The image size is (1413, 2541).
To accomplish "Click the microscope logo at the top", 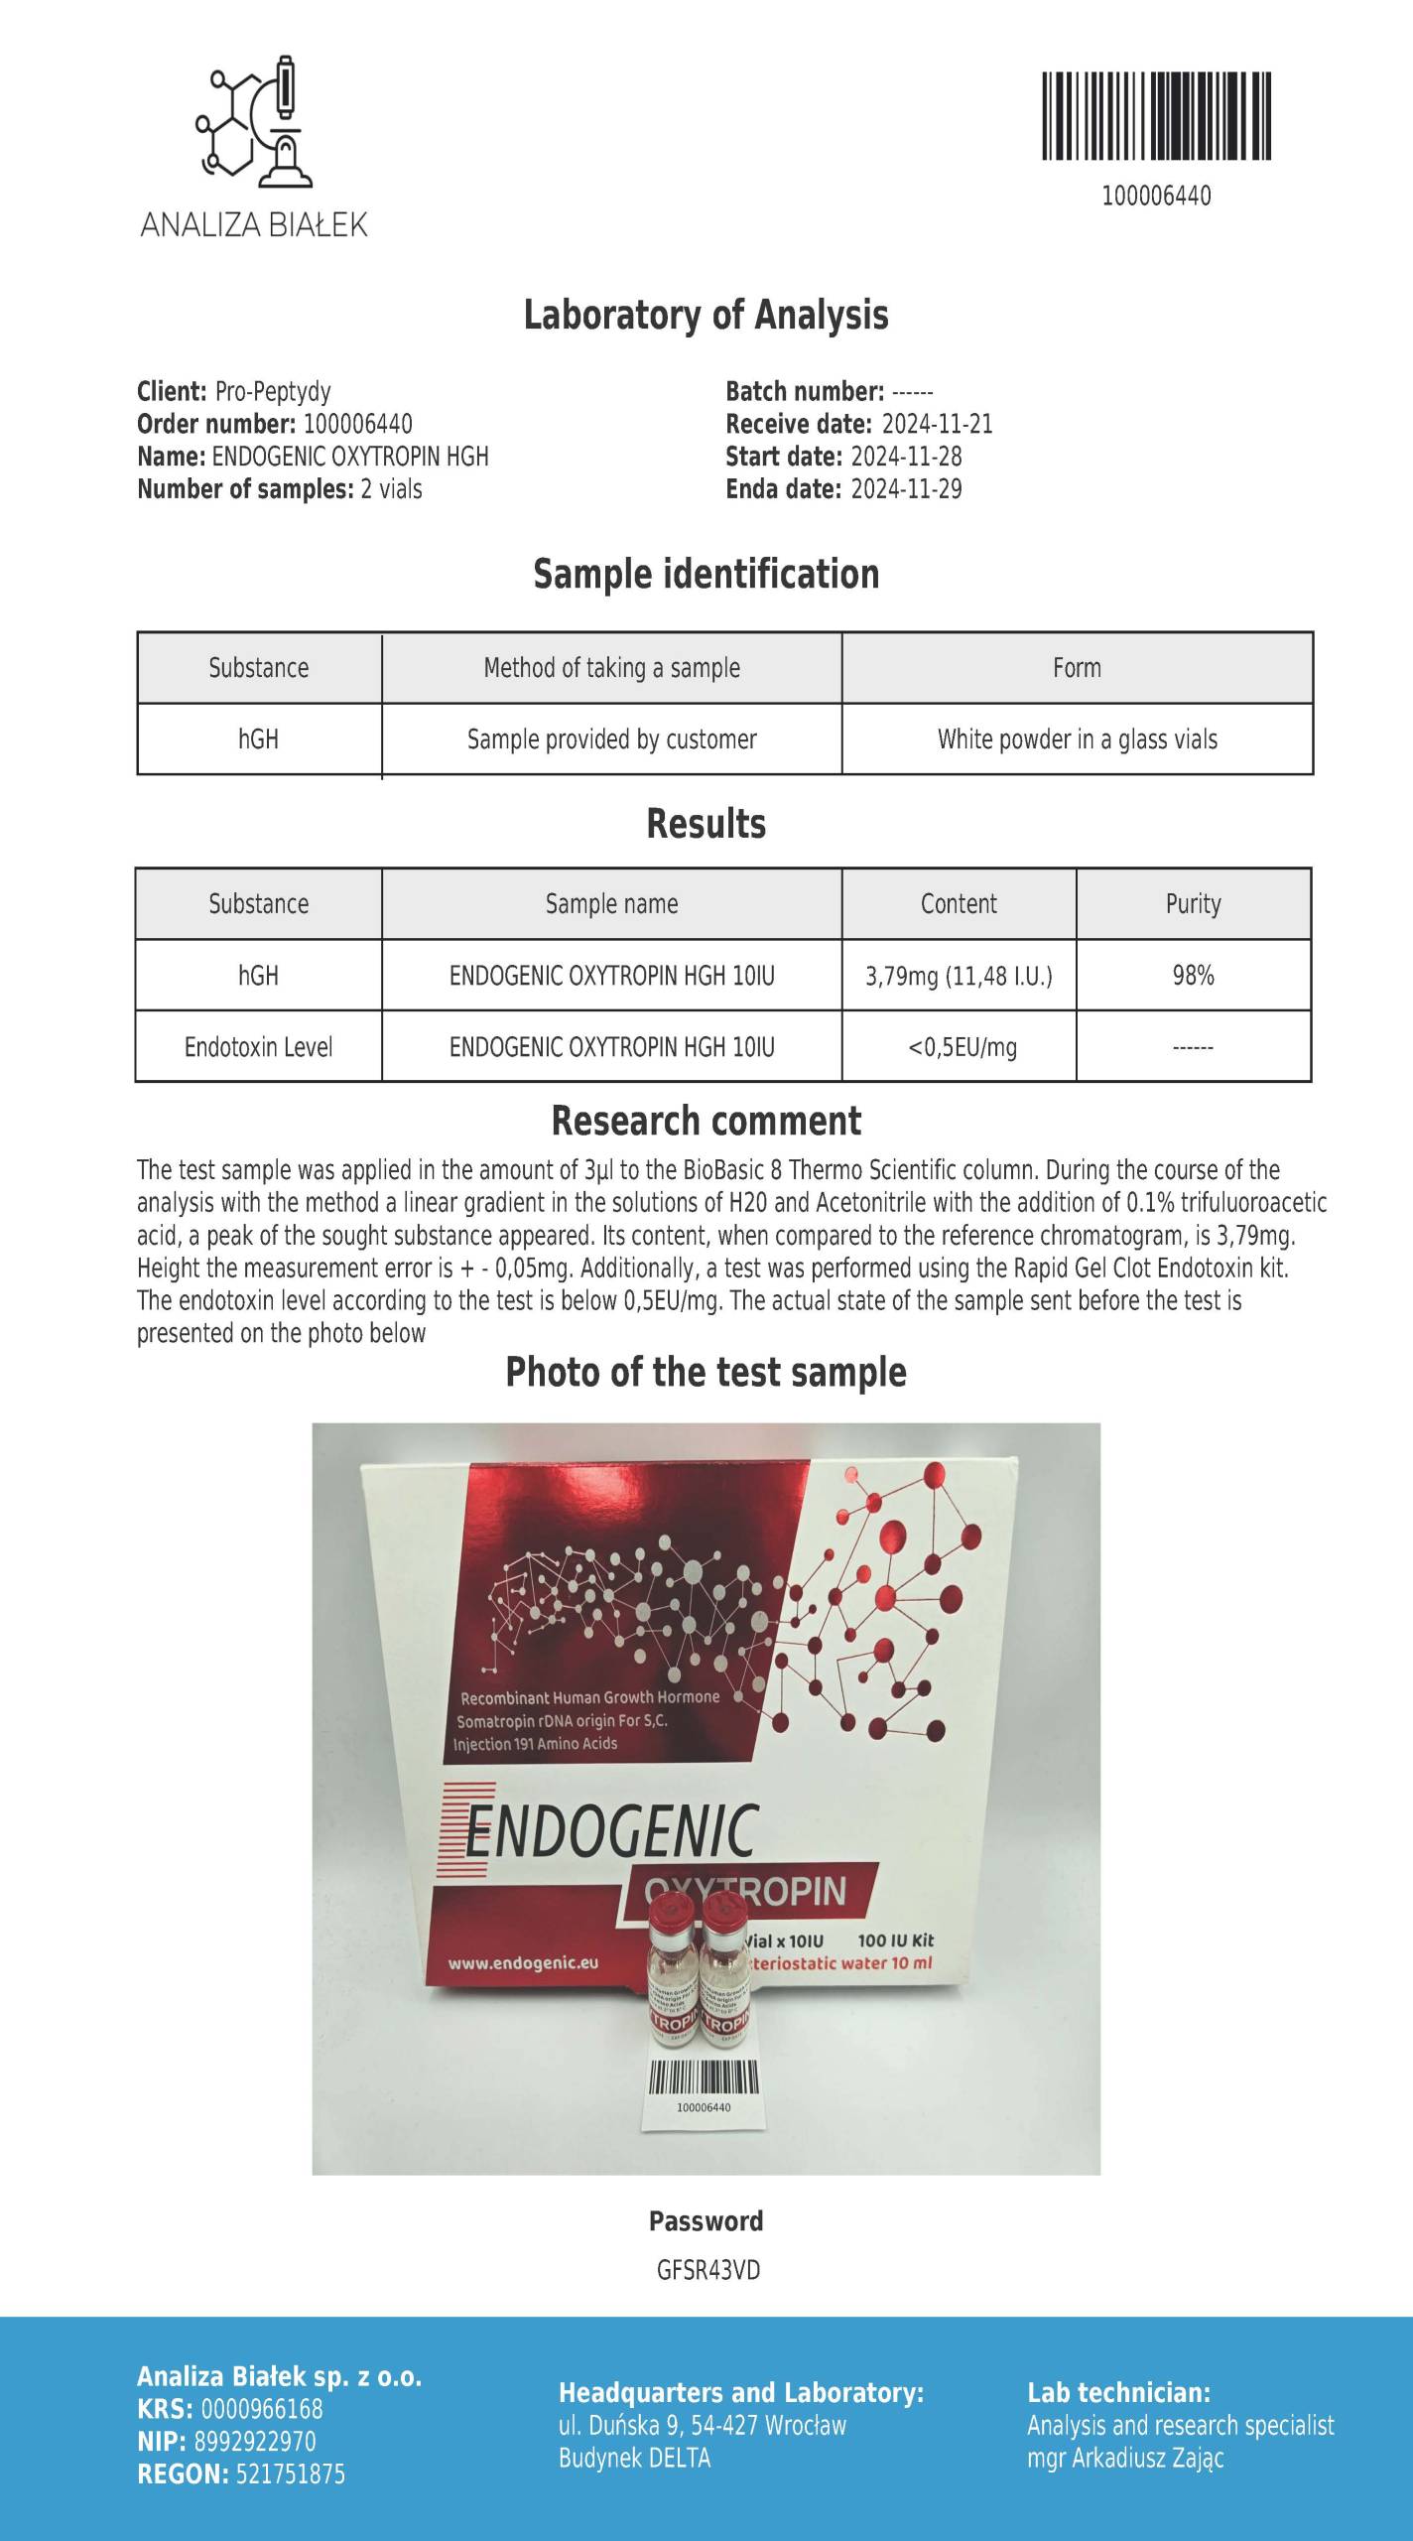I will click(x=254, y=122).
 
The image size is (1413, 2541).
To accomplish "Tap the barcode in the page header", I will click(x=1156, y=115).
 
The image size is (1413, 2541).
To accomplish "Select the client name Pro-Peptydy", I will click(x=273, y=391).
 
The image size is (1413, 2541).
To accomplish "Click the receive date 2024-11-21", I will click(x=937, y=424).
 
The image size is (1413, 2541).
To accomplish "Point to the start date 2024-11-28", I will click(x=906, y=457).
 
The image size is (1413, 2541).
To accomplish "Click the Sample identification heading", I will click(x=706, y=575).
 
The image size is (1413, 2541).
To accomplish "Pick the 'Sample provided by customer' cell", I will click(x=611, y=739).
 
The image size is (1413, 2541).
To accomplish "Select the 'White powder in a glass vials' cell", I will click(x=1077, y=739).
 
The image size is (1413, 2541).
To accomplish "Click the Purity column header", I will click(x=1193, y=904).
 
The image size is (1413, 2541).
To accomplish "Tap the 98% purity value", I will click(x=1193, y=976).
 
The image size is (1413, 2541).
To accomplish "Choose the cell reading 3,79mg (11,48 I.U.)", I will click(x=959, y=976).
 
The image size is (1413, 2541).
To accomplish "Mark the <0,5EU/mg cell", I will click(x=962, y=1047).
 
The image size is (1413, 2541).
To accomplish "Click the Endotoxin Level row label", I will click(x=258, y=1047).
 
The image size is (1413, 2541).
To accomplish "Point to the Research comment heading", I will click(x=706, y=1122).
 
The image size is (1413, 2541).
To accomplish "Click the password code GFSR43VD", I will click(x=707, y=2270).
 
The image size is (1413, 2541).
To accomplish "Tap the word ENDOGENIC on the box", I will click(x=610, y=1830).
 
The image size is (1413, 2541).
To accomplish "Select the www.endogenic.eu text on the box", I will click(x=523, y=1962).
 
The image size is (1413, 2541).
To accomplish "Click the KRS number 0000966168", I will click(x=262, y=2409).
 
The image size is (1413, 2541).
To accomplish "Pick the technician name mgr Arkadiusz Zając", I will click(x=1125, y=2458).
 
